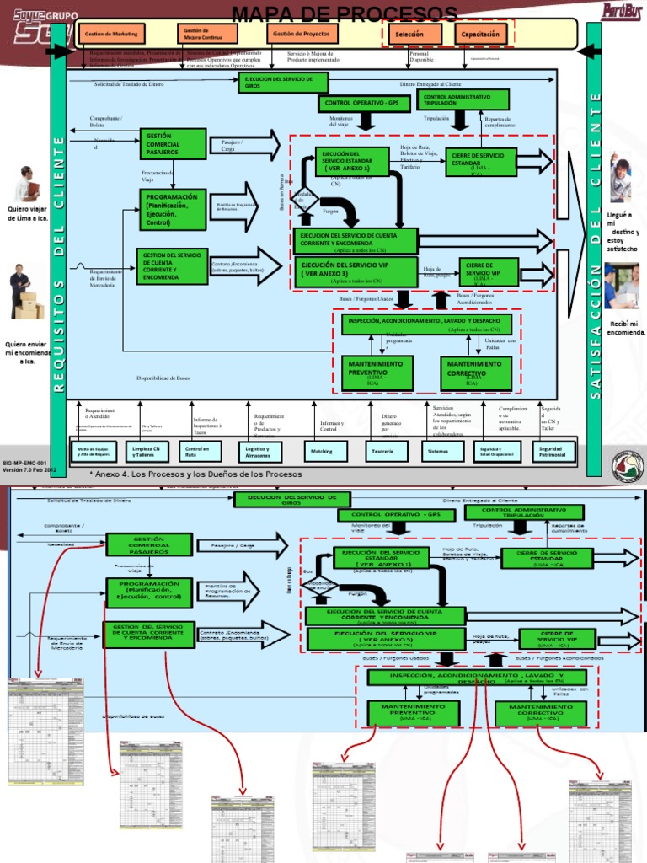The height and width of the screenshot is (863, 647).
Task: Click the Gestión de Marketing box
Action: tap(110, 34)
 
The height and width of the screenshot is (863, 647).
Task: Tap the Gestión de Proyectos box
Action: tap(302, 34)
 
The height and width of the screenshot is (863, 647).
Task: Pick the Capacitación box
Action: tap(480, 35)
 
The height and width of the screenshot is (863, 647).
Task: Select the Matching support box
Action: tap(322, 452)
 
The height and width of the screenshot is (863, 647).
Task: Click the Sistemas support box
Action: tap(438, 452)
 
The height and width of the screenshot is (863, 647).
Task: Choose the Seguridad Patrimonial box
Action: tap(551, 452)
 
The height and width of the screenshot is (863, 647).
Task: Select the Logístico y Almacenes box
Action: tap(259, 452)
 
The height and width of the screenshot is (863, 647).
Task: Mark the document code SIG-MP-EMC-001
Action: tap(24, 463)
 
